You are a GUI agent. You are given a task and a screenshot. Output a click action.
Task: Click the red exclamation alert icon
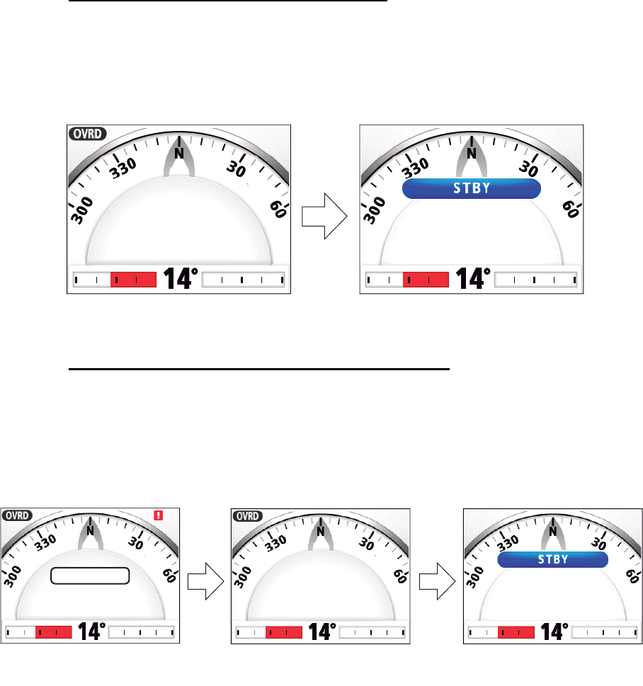159,515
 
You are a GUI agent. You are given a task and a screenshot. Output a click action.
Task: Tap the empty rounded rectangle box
90,576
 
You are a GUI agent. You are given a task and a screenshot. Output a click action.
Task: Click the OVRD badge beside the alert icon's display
17,515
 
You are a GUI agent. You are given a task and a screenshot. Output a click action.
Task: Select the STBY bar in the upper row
472,188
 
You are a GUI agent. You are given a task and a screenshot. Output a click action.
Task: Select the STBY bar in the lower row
553,559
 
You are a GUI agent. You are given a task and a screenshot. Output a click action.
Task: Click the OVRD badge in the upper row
88,133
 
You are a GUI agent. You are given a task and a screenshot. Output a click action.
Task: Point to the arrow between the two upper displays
324,216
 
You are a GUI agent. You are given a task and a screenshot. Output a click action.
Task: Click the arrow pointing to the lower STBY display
437,581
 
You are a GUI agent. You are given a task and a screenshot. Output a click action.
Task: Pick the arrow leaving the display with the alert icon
206,581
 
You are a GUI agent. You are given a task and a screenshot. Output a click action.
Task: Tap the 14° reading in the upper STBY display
473,279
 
